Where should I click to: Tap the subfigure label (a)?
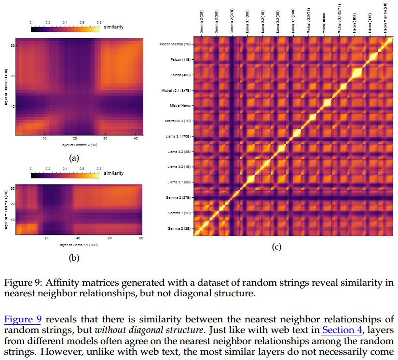(x=74, y=158)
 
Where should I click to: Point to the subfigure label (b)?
(x=74, y=258)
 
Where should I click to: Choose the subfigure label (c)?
(x=276, y=248)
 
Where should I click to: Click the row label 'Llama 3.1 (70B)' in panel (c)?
(x=178, y=137)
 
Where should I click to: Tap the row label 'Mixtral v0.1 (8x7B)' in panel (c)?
(x=177, y=90)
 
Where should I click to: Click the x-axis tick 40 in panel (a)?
(x=136, y=139)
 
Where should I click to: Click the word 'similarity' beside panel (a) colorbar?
(x=113, y=27)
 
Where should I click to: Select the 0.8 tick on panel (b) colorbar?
(x=99, y=168)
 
